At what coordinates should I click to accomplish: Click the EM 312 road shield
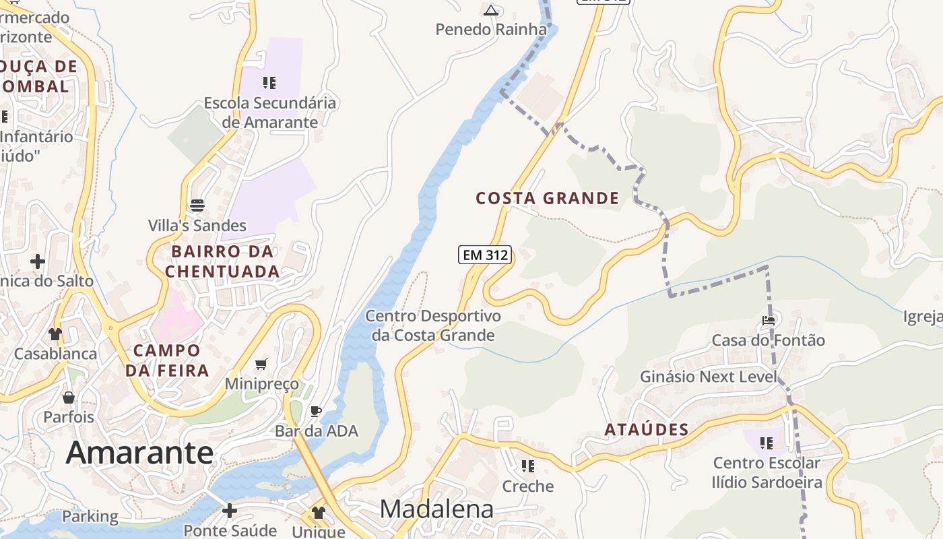(485, 255)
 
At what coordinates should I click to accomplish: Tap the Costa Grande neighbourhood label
(547, 198)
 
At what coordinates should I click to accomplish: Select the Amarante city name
(139, 452)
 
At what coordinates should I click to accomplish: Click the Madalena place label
(436, 509)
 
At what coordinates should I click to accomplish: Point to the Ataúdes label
(646, 430)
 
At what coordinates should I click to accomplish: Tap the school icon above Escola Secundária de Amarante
(269, 83)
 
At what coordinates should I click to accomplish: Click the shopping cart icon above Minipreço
(261, 364)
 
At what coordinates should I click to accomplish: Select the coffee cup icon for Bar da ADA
(315, 411)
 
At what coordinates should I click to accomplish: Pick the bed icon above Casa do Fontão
(768, 320)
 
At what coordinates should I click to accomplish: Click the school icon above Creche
(528, 466)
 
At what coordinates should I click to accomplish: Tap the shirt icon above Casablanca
(55, 334)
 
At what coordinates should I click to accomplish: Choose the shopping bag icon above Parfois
(68, 398)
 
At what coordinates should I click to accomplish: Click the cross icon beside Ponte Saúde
(230, 511)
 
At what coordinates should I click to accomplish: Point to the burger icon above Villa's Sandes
(197, 205)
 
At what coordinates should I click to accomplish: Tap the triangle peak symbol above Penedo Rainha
(491, 10)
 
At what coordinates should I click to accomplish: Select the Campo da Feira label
(166, 360)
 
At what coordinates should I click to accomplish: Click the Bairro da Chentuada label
(222, 261)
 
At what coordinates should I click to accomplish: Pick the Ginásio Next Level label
(709, 377)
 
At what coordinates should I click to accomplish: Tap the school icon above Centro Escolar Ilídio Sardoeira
(767, 443)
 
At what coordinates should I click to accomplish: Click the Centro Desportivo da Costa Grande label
(433, 325)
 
